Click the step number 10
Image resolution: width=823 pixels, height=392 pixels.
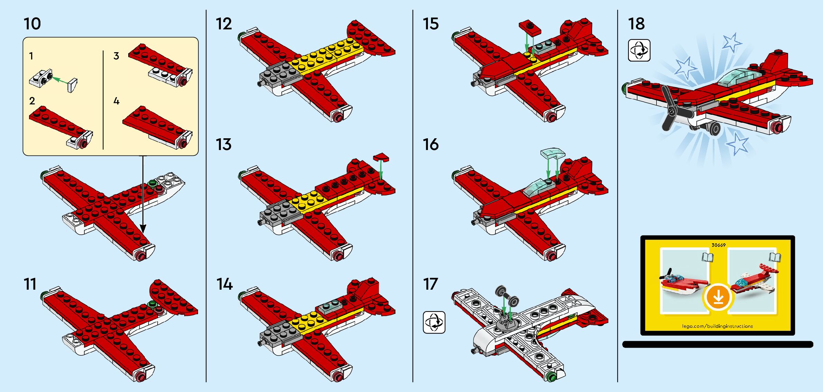(x=32, y=24)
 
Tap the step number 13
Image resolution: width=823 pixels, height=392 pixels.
(x=224, y=144)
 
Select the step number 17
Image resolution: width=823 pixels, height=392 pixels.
(x=431, y=284)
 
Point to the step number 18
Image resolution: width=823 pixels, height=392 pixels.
(x=636, y=24)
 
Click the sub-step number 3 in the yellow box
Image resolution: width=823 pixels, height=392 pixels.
(x=116, y=56)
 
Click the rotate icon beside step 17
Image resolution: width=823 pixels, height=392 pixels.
(x=434, y=322)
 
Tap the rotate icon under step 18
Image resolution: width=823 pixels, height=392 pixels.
(x=639, y=50)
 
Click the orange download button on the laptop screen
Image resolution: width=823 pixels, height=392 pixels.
(x=718, y=297)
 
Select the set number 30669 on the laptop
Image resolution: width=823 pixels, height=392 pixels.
(x=718, y=245)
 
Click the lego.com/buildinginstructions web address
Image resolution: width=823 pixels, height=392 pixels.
(x=717, y=326)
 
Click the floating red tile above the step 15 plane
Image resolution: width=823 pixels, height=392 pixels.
(x=530, y=27)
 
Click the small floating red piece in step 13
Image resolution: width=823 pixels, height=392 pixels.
(x=381, y=158)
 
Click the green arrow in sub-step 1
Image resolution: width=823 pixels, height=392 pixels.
(x=60, y=80)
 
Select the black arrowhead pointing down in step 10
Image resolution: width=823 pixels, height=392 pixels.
(x=143, y=228)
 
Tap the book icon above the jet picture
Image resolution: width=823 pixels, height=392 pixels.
(x=774, y=257)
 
